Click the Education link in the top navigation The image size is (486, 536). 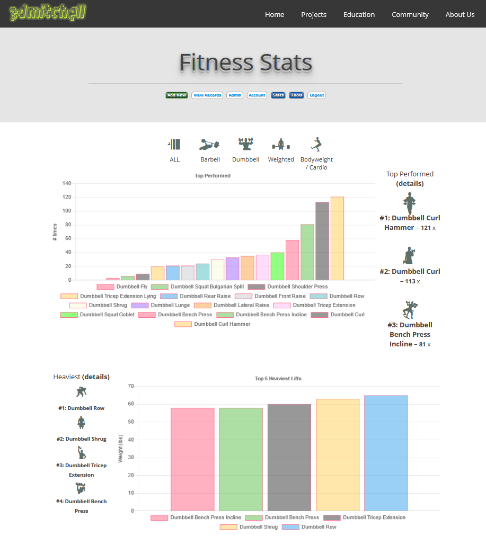tap(359, 14)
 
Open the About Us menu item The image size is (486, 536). tap(460, 14)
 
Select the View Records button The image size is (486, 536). tap(207, 95)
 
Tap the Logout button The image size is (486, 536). tap(316, 95)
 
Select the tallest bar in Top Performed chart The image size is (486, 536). tap(337, 238)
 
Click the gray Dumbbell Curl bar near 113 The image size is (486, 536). tap(322, 241)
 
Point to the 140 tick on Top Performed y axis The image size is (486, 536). tap(67, 183)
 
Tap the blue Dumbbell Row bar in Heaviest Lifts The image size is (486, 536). tap(386, 453)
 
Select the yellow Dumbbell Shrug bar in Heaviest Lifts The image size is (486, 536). tap(338, 454)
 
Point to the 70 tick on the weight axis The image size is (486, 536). tap(130, 386)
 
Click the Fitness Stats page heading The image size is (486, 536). tap(245, 62)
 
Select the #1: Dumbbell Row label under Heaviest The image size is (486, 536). tap(81, 408)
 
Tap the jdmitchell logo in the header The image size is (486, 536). tap(48, 13)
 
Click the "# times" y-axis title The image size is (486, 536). tap(55, 232)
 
